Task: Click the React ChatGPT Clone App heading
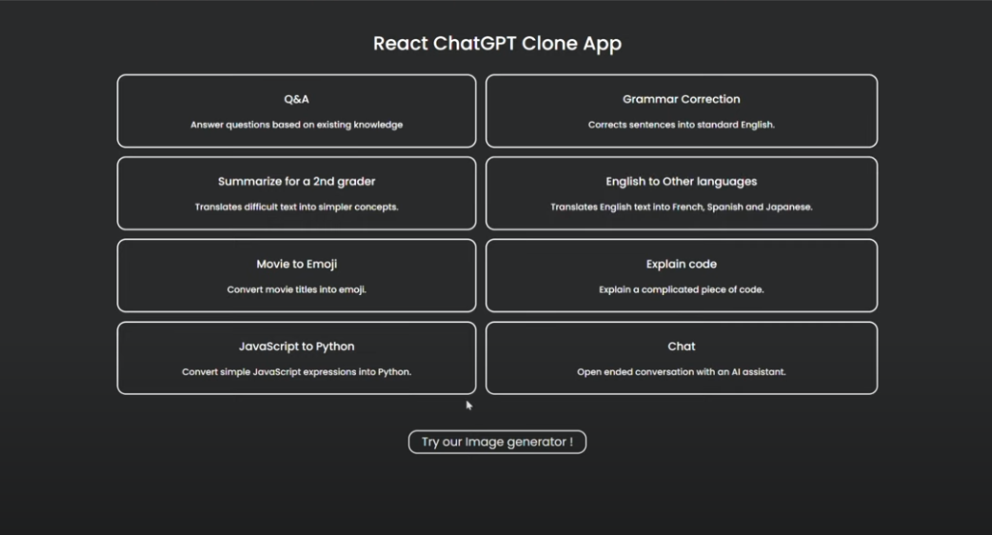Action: [x=497, y=44]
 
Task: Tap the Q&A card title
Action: [x=297, y=99]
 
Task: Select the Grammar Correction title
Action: [x=682, y=99]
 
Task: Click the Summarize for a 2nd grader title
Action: [x=297, y=182]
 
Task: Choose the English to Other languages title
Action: [x=682, y=182]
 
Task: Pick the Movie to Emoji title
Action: [x=297, y=265]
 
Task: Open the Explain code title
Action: [x=682, y=265]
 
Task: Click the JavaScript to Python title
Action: [x=297, y=347]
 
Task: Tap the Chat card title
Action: [x=682, y=347]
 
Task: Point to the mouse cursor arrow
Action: [x=468, y=406]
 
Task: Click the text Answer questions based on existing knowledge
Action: [x=297, y=126]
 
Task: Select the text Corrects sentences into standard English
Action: [x=682, y=126]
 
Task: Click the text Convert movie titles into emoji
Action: [x=297, y=289]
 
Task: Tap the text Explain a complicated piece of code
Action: [x=682, y=289]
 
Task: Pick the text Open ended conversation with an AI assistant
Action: [x=682, y=372]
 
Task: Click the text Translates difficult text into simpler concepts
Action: [x=297, y=208]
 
